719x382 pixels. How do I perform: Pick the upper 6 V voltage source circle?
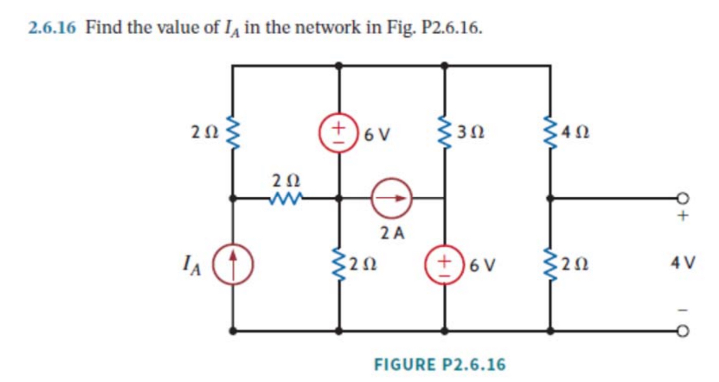(x=337, y=134)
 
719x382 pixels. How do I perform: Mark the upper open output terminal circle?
(x=684, y=199)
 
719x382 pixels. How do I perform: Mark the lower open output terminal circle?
(x=684, y=331)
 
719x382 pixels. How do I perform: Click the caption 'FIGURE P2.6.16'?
(x=440, y=364)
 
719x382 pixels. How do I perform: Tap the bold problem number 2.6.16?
(x=52, y=27)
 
